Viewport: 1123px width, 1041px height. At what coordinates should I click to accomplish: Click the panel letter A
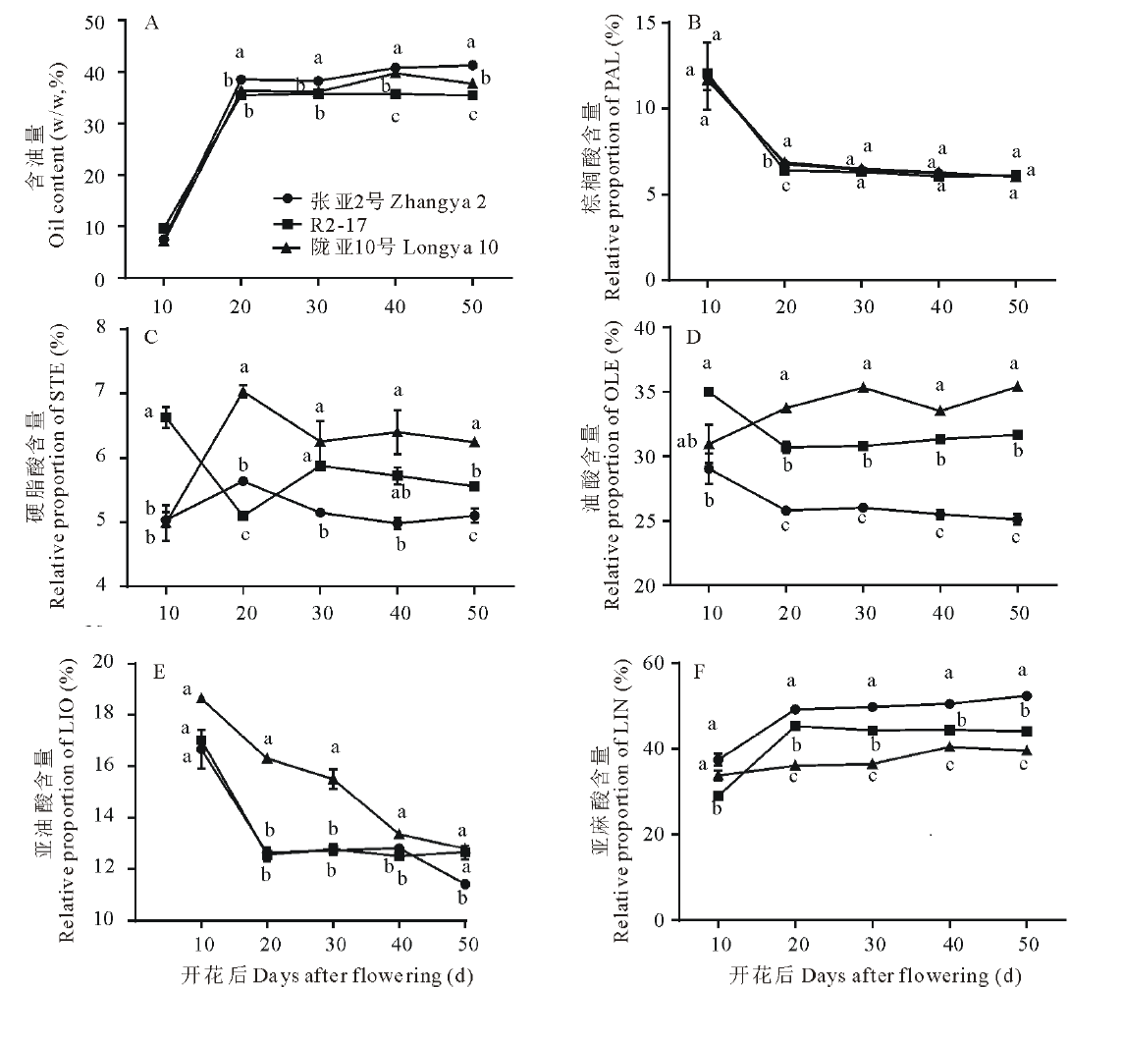(151, 25)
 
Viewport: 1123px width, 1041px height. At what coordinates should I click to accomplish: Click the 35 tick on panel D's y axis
(648, 392)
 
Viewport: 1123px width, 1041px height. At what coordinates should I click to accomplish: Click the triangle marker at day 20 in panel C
(243, 392)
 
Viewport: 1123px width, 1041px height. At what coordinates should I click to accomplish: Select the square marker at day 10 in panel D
(708, 392)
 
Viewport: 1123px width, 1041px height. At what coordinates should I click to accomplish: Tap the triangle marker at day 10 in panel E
(201, 698)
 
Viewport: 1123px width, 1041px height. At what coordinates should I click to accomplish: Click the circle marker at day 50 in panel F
(1026, 696)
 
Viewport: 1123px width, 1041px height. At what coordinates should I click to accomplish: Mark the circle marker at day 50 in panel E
(464, 884)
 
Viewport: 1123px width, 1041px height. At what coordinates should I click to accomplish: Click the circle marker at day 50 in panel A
(472, 66)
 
